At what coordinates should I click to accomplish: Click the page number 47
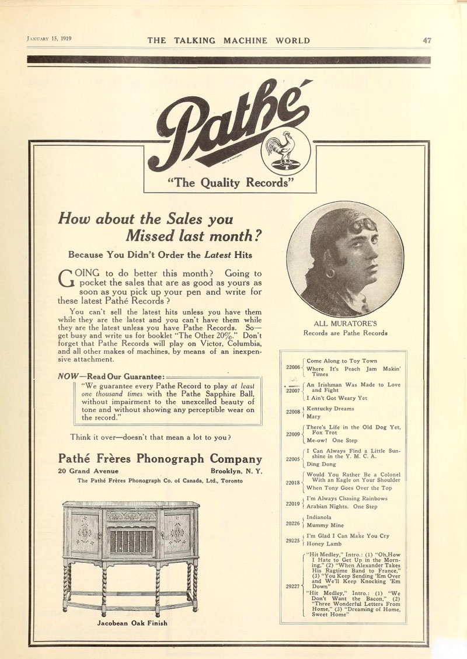click(427, 40)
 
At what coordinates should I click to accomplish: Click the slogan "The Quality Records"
click(230, 183)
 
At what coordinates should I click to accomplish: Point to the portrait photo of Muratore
click(344, 259)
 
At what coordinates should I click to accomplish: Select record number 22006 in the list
click(292, 367)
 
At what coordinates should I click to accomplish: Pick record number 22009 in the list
click(292, 434)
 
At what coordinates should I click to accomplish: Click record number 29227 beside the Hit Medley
click(293, 585)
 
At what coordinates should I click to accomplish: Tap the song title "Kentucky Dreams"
click(330, 409)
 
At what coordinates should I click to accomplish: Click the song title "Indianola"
click(319, 517)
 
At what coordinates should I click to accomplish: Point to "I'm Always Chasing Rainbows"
click(347, 498)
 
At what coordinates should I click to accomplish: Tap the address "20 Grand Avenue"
click(88, 471)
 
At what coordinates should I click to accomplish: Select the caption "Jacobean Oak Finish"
click(131, 623)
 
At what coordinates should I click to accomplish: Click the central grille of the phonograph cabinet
click(131, 542)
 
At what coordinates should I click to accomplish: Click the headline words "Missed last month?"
click(193, 236)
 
